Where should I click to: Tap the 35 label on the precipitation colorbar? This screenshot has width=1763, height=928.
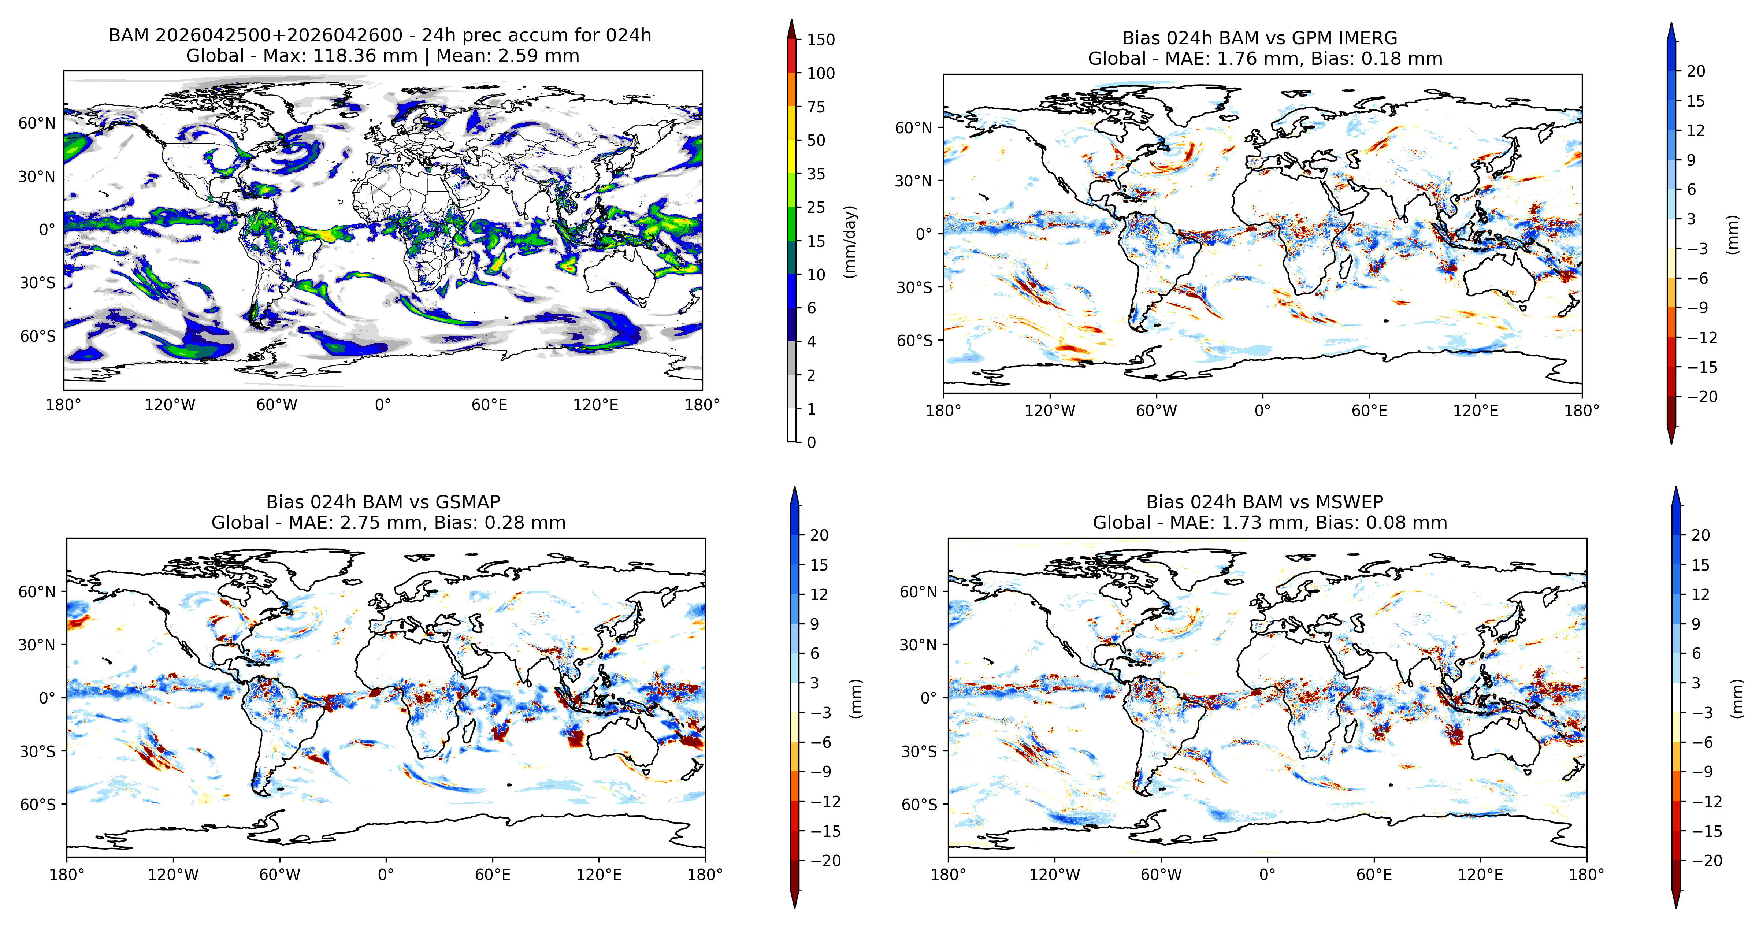pos(816,174)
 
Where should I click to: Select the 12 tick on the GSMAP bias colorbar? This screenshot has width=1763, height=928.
pos(819,594)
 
